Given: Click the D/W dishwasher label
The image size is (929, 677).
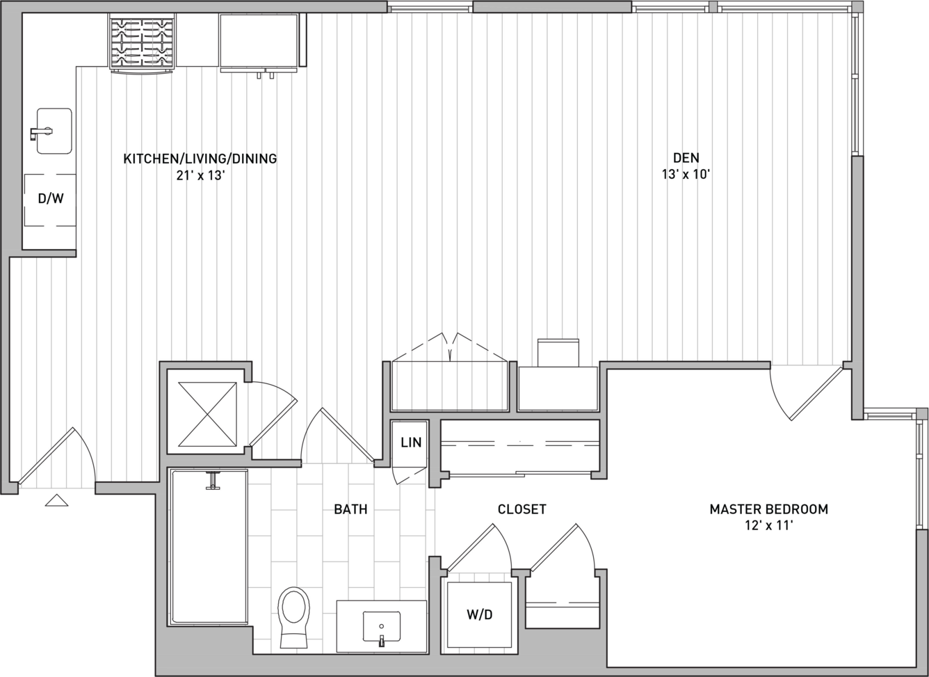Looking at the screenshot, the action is [x=51, y=198].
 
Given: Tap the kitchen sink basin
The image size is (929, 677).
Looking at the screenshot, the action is [x=54, y=132].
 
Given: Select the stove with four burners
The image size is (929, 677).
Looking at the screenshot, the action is [x=142, y=43].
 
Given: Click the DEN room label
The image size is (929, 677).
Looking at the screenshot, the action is [x=686, y=158].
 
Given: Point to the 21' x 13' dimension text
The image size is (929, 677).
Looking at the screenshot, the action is [x=200, y=175].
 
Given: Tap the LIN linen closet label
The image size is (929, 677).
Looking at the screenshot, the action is [x=411, y=443].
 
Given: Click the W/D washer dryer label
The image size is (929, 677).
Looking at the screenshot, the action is [x=479, y=614].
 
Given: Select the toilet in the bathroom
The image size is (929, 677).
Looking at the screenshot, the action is [x=294, y=617].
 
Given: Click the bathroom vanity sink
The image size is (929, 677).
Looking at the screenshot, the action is [x=382, y=627].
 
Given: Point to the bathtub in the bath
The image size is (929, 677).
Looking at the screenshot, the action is [x=209, y=547].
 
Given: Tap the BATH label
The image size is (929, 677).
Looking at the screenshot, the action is [x=350, y=509].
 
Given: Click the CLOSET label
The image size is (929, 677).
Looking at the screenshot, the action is [x=522, y=509].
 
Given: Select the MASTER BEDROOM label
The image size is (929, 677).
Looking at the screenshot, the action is [x=769, y=509].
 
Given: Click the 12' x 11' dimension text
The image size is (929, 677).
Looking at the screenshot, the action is [x=769, y=526].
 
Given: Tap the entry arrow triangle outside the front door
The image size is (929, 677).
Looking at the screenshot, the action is [x=56, y=500].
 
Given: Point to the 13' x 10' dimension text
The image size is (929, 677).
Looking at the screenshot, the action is [x=686, y=175].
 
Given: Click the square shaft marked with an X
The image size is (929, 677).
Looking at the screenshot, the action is [x=207, y=414].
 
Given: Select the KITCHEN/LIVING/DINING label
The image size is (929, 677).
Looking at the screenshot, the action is [x=200, y=159].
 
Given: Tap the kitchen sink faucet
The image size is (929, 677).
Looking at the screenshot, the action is [x=41, y=133].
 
